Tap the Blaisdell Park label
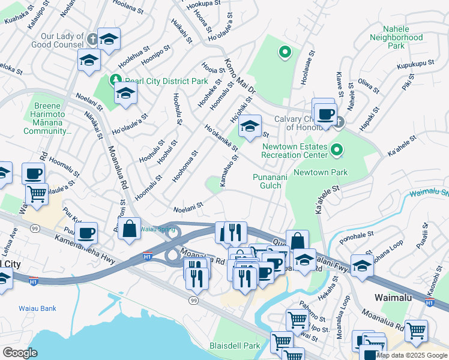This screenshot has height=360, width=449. pyautogui.click(x=235, y=346)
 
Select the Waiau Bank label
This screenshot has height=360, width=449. pyautogui.click(x=37, y=308)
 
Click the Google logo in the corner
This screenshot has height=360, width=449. pyautogui.click(x=19, y=353)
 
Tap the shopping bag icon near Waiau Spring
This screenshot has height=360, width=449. pyautogui.click(x=129, y=229)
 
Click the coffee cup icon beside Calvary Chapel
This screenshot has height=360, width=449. pyautogui.click(x=326, y=113)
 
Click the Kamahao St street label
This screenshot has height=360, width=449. pyautogui.click(x=229, y=170)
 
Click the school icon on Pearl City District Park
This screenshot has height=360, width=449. pyautogui.click(x=125, y=94)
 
